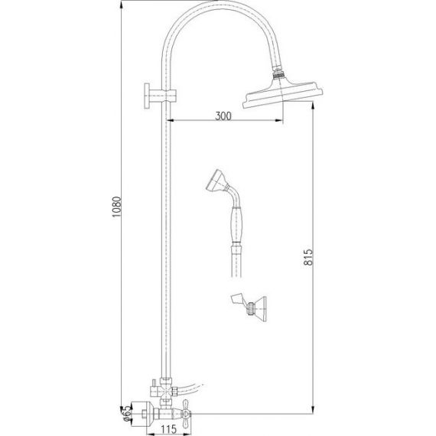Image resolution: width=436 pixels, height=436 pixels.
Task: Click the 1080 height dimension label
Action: click(117, 207)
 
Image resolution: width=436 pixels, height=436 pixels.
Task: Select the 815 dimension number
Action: click(308, 257)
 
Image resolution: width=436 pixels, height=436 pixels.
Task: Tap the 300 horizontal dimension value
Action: click(223, 116)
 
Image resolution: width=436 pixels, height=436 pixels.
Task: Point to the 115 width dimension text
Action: click(168, 429)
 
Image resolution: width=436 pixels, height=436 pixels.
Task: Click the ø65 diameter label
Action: click(126, 415)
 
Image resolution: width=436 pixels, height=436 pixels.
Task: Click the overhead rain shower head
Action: click(283, 93)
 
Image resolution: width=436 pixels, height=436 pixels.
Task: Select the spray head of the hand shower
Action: click(217, 181)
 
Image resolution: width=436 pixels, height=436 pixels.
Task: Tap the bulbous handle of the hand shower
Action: click(236, 225)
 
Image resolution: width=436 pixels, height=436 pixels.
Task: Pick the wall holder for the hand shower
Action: click(249, 307)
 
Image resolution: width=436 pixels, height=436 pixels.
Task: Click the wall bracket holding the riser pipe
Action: click(160, 96)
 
